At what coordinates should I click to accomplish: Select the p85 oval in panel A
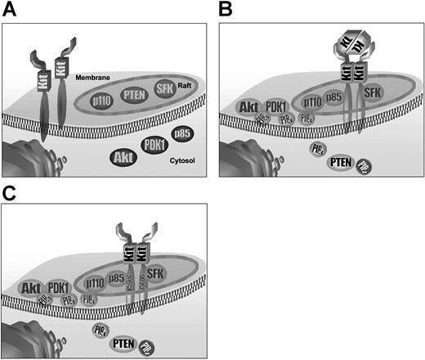tap(181, 133)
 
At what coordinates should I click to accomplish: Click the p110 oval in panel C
tap(96, 282)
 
